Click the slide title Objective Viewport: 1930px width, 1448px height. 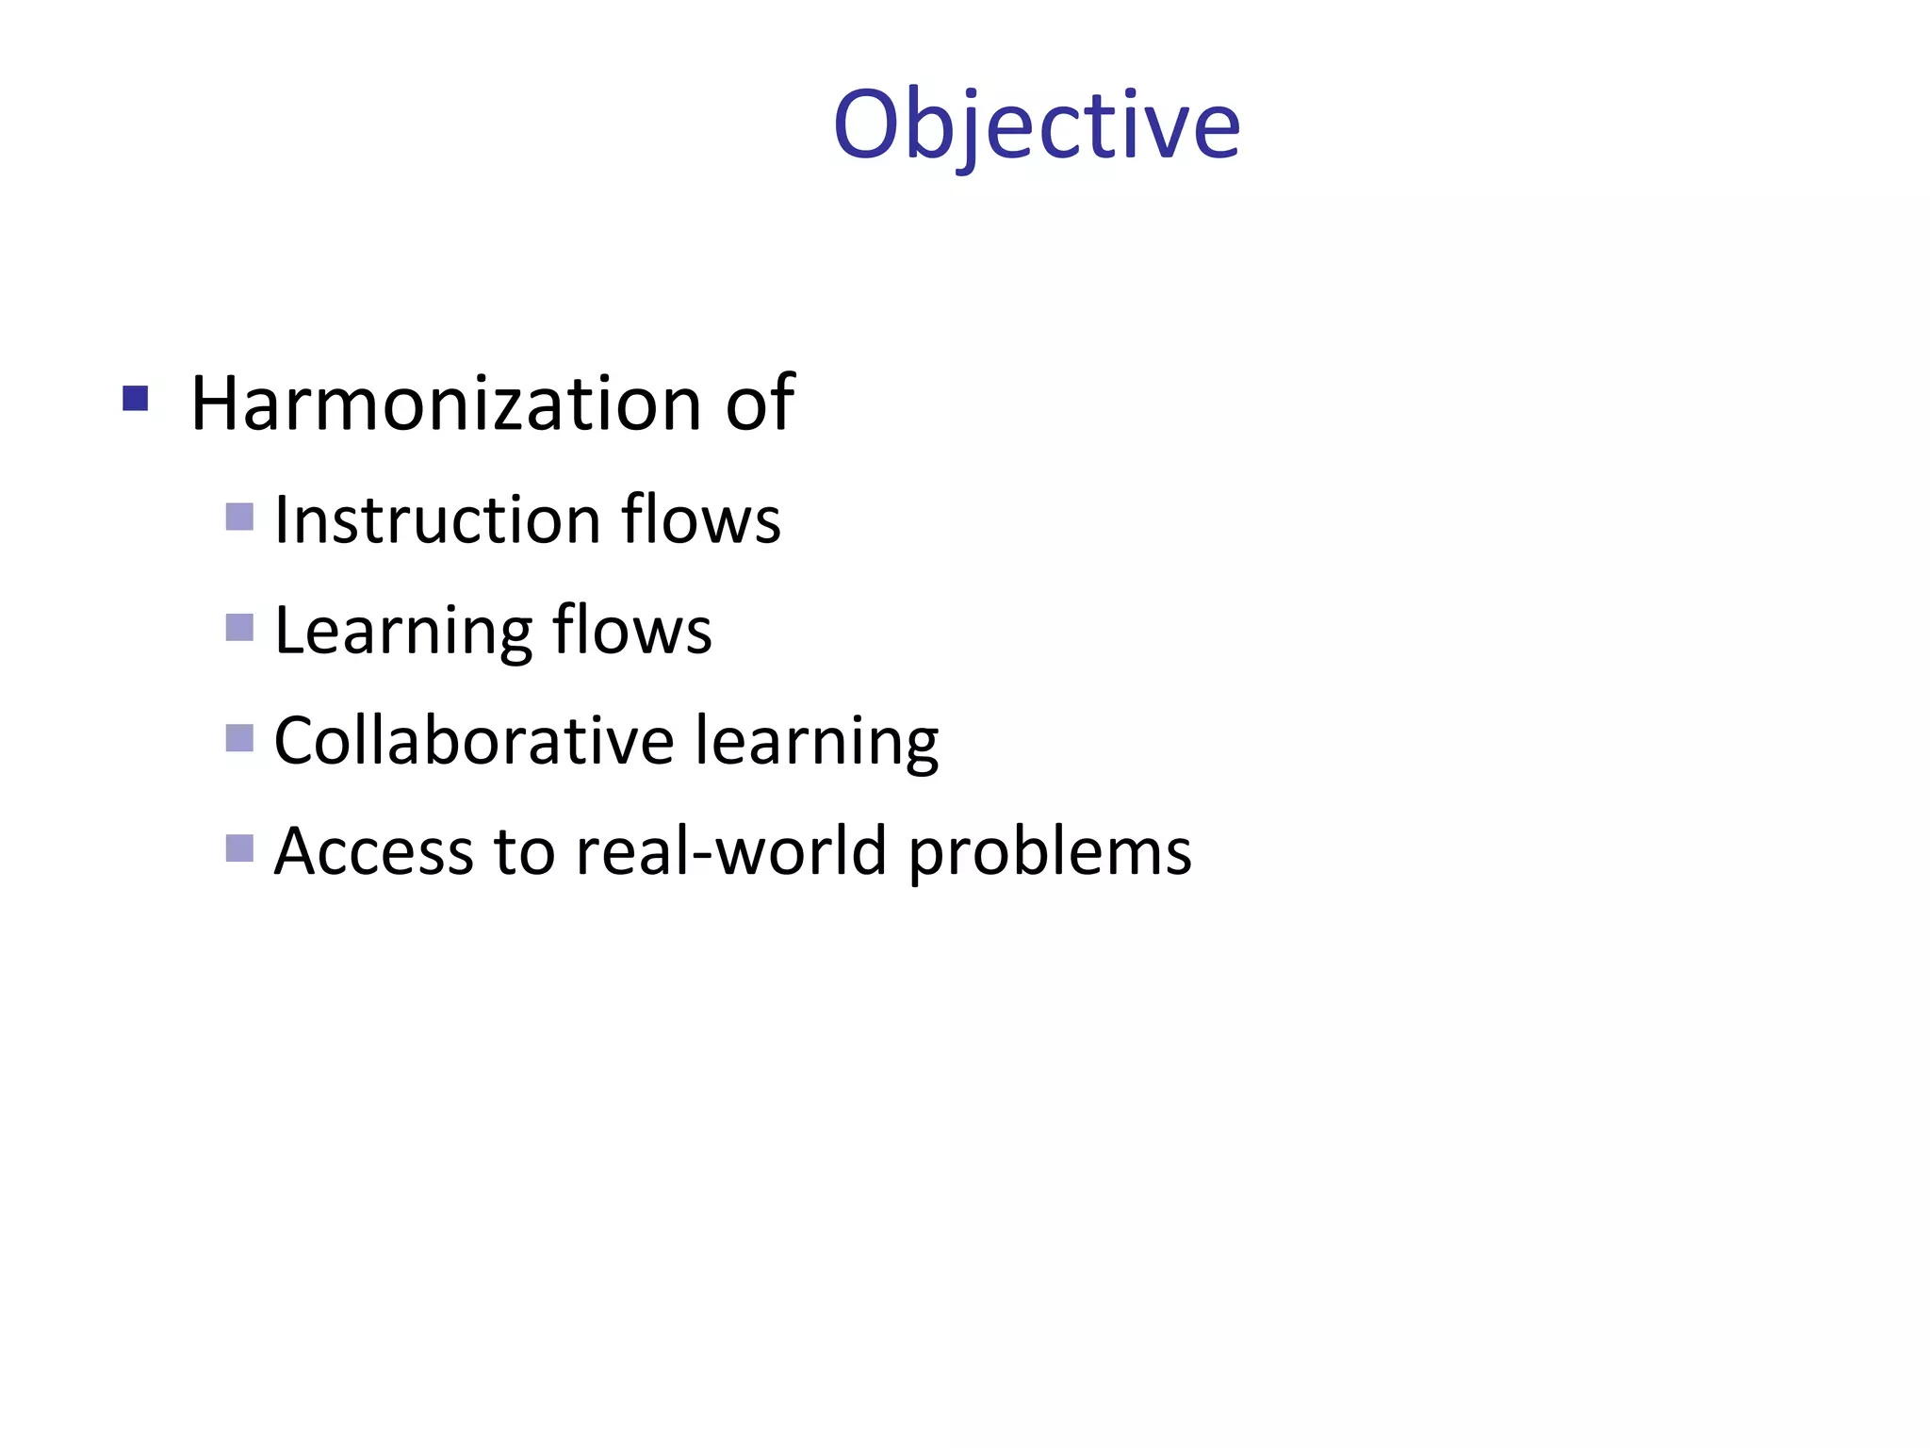1037,125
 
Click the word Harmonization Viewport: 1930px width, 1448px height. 447,403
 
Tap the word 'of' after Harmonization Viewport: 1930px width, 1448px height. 760,403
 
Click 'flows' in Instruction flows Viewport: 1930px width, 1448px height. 701,519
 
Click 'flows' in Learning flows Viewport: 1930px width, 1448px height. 632,630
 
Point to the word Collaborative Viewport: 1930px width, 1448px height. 474,741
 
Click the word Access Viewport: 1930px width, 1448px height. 373,851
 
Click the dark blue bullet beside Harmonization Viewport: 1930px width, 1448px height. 136,400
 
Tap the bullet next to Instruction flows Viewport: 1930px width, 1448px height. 240,517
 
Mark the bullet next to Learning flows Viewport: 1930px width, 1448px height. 240,628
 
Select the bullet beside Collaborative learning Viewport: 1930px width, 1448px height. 240,738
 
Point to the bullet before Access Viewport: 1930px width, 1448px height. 240,848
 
